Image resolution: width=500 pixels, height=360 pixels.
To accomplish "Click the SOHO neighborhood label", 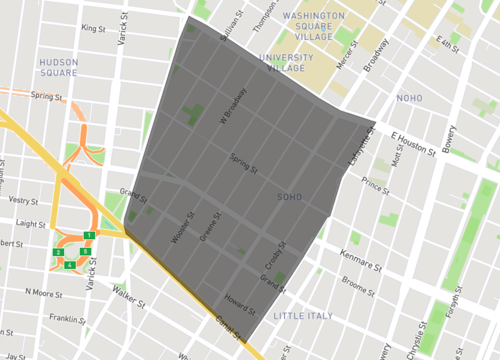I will coord(289,197).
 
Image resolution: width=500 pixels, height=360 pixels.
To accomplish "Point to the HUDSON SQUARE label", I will coord(58,67).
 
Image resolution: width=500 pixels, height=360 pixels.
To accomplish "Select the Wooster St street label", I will coord(184,226).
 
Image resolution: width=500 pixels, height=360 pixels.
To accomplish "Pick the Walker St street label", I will coord(130,296).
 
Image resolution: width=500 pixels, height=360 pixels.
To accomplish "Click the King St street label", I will coord(96,29).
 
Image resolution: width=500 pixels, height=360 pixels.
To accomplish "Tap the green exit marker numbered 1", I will coord(89,234).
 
